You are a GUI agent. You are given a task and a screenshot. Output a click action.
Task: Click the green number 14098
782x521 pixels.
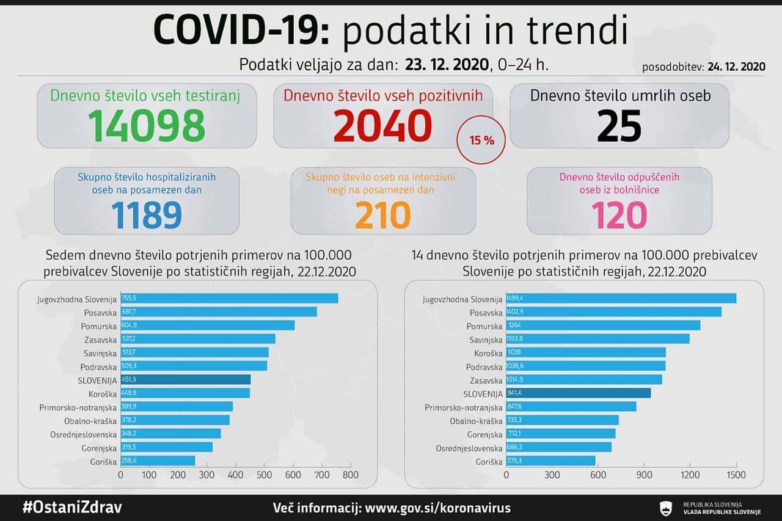147,125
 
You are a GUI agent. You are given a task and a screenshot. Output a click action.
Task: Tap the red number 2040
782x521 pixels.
382,125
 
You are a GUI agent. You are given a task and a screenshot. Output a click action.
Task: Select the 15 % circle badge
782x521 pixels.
481,140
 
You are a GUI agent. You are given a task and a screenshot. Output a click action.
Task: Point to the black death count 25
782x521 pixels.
619,125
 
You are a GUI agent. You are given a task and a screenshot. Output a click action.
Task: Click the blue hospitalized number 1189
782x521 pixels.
147,214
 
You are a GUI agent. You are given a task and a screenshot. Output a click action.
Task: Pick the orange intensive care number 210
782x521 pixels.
382,214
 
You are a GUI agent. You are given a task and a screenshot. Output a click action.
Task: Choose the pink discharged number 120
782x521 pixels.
619,214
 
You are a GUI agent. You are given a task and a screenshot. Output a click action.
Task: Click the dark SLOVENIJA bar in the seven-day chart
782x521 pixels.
186,379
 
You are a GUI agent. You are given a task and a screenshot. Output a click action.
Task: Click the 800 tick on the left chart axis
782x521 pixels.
351,475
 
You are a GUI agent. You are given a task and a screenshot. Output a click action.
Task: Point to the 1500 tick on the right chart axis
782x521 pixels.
736,475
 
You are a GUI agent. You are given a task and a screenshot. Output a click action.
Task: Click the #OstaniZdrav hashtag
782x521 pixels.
72,508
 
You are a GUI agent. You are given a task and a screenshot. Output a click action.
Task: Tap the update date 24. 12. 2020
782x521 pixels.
736,67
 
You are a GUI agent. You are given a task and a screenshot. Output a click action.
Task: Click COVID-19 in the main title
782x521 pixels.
241,31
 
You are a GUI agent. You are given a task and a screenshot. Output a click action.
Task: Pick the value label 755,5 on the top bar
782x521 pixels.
132,299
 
